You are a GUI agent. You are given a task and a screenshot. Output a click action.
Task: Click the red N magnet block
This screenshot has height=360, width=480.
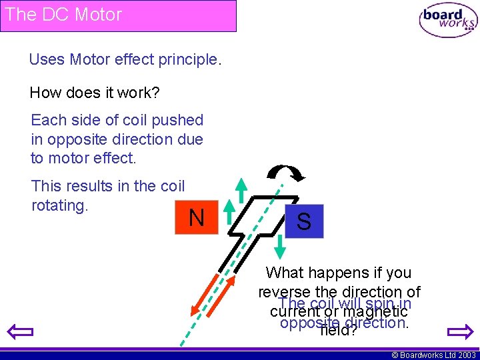196,217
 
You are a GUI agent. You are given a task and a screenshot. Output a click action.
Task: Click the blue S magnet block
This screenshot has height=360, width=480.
303,221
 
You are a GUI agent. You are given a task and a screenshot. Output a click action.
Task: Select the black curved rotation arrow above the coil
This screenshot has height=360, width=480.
285,172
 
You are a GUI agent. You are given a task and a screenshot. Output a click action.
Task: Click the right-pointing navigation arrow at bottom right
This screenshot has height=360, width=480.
460,331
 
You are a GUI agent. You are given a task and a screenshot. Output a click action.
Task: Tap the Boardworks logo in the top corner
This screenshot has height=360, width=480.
448,21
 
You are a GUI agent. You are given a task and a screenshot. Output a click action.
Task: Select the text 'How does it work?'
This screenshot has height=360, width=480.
95,93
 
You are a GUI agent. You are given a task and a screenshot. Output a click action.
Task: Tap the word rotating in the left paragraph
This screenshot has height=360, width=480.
60,205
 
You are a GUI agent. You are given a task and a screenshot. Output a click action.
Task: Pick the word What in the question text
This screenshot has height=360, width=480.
285,273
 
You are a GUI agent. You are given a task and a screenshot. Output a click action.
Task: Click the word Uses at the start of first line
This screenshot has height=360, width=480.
47,59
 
